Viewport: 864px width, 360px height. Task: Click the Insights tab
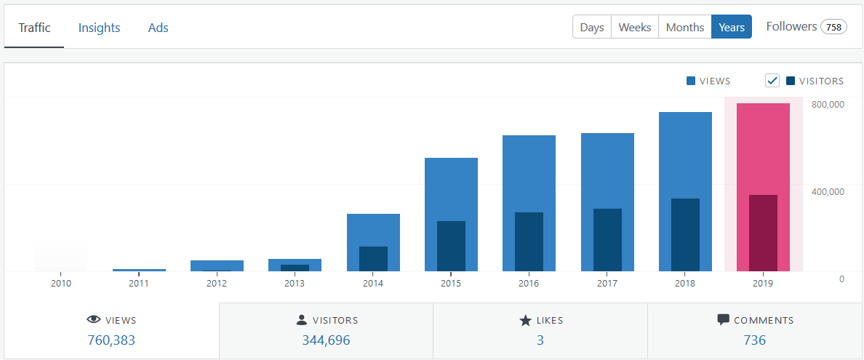pos(99,28)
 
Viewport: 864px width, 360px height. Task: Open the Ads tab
pos(158,28)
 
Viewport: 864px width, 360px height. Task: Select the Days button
pos(592,27)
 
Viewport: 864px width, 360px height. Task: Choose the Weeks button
pos(635,27)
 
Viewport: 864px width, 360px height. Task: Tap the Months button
pos(685,27)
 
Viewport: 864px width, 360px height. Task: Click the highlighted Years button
pos(732,27)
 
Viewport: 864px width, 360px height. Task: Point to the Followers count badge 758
pos(833,27)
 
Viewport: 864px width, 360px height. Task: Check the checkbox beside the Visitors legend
pos(772,81)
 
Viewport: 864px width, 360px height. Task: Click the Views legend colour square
pos(690,81)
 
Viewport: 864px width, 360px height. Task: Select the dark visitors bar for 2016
pos(529,242)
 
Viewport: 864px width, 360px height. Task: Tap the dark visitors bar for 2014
pos(373,259)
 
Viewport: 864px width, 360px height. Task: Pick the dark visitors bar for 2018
pos(685,235)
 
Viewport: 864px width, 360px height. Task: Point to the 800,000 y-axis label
pos(828,105)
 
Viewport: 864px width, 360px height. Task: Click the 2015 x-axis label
pos(451,284)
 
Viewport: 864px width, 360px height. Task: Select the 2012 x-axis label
pos(217,284)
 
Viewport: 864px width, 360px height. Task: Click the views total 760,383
pos(111,340)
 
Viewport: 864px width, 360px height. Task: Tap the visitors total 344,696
pos(326,340)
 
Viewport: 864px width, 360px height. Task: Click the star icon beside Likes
pos(526,320)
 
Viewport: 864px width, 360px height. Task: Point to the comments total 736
pos(754,340)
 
